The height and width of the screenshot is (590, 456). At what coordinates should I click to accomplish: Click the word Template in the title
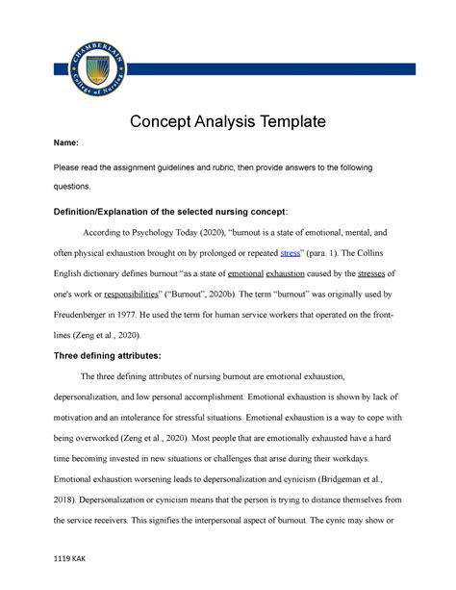(288, 121)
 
